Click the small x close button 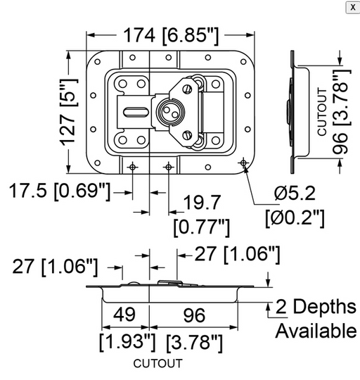pyautogui.click(x=351, y=6)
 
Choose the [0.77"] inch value pyautogui.click(x=201, y=227)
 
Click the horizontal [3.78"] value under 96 pyautogui.click(x=195, y=343)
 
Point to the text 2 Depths pyautogui.click(x=315, y=307)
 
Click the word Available pyautogui.click(x=315, y=330)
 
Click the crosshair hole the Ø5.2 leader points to pyautogui.click(x=243, y=164)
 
